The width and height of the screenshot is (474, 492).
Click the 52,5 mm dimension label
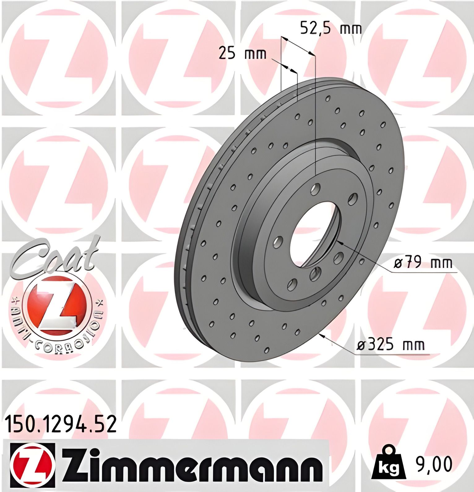(x=331, y=29)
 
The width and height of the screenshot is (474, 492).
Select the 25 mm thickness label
(x=242, y=53)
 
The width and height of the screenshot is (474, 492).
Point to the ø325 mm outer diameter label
(x=391, y=344)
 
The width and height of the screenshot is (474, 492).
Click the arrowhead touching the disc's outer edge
(x=322, y=336)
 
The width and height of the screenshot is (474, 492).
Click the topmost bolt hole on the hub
(x=315, y=189)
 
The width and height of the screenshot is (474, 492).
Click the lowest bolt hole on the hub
(x=292, y=284)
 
